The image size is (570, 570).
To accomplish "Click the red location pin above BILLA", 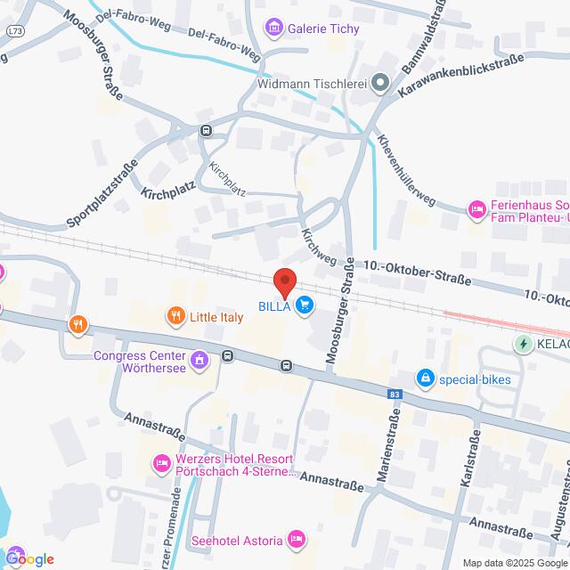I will [284, 281].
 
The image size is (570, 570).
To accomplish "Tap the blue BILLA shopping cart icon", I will [305, 306].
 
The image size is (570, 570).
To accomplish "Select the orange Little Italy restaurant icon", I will [175, 314].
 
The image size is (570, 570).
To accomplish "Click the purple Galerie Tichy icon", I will [274, 28].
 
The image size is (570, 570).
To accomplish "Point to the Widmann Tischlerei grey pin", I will [380, 85].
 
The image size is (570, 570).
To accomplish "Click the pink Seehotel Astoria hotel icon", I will [297, 540].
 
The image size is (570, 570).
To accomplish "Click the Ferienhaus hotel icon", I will [476, 209].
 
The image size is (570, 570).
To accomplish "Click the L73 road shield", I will [15, 31].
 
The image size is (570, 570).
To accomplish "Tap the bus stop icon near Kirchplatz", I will [207, 130].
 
